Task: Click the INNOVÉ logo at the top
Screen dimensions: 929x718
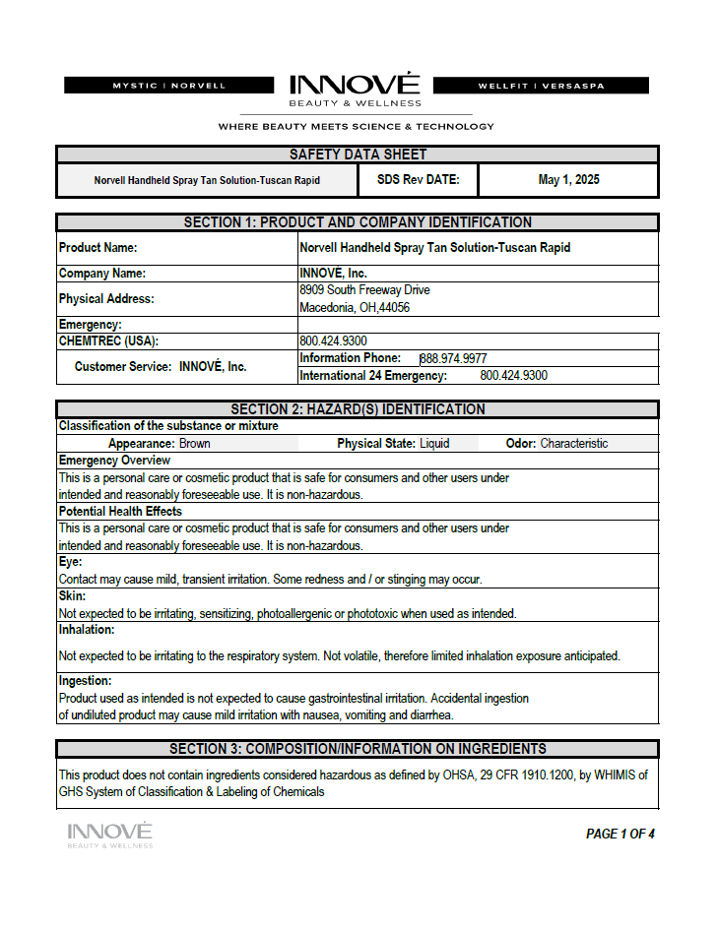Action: [x=355, y=86]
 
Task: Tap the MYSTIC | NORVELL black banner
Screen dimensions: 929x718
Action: [x=168, y=86]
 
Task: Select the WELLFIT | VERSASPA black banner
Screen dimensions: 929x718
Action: [x=541, y=86]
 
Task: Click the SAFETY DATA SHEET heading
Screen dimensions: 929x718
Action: [x=358, y=155]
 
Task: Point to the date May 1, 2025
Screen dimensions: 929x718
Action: [x=568, y=180]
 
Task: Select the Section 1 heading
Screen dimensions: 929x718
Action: [x=358, y=222]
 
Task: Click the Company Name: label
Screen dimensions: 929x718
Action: [x=102, y=274]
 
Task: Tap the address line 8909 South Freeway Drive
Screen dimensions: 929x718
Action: [x=364, y=290]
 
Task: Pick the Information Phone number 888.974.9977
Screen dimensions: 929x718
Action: [x=454, y=358]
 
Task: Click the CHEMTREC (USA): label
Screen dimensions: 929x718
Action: [x=108, y=341]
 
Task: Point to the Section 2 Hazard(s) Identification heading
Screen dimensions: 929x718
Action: [x=358, y=409]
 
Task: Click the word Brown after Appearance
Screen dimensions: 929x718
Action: [x=194, y=444]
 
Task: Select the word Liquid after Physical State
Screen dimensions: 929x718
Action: [x=434, y=444]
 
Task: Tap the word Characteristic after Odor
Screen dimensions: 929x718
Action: [x=574, y=444]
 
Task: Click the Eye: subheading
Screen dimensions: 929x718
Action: [x=70, y=562]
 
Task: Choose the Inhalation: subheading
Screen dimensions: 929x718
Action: [x=87, y=629]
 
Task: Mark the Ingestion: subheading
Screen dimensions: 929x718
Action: [x=86, y=681]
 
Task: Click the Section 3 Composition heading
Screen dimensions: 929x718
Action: [x=358, y=749]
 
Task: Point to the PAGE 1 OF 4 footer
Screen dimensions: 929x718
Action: [x=620, y=834]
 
